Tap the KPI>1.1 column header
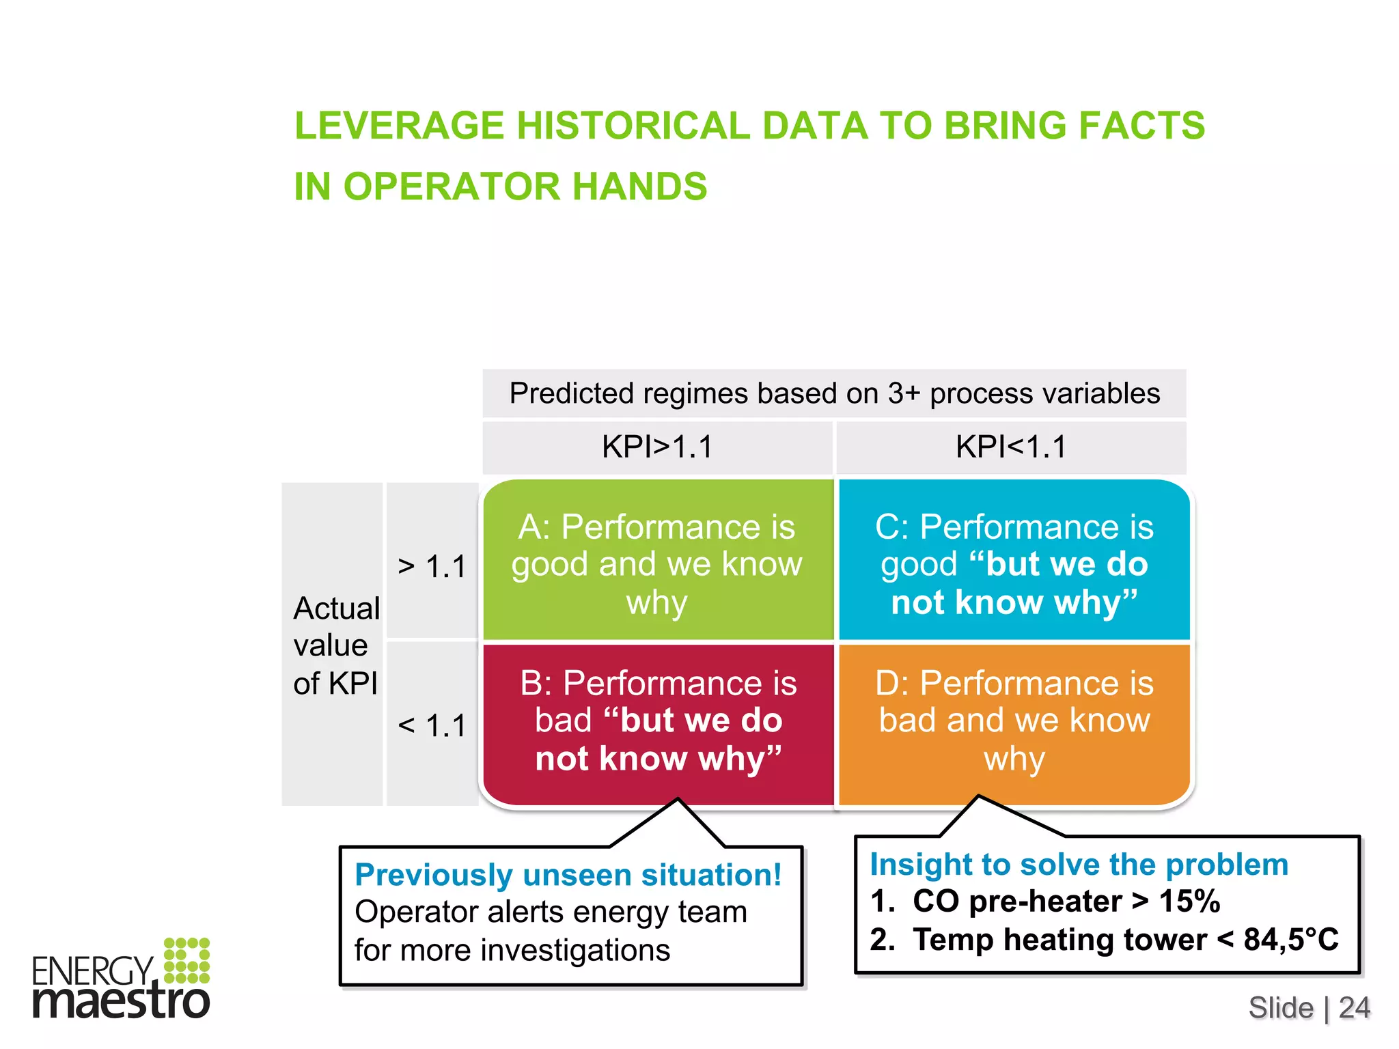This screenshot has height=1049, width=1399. coord(657,447)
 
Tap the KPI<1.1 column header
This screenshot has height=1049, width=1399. coord(1011,447)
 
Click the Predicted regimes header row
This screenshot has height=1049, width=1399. coord(834,393)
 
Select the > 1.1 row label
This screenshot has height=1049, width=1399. coord(432,567)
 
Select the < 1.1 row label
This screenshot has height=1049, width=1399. coord(432,725)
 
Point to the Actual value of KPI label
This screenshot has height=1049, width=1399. coord(335,645)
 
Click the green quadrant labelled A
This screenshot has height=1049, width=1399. coord(657,563)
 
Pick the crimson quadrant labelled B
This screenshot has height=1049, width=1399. coord(657,721)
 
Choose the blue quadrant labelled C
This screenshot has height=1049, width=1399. coord(1014,563)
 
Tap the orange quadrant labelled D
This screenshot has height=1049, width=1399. coord(1014,721)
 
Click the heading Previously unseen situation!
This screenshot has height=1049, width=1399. coord(568,875)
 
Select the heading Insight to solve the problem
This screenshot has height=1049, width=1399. coord(1079,865)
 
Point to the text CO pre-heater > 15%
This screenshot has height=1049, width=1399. coord(1066,901)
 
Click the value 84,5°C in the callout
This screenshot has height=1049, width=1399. coord(1290,940)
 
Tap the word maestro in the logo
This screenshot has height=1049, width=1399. coord(122,1001)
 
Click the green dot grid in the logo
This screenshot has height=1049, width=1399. coord(186,960)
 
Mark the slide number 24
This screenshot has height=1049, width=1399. coord(1354,1008)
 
